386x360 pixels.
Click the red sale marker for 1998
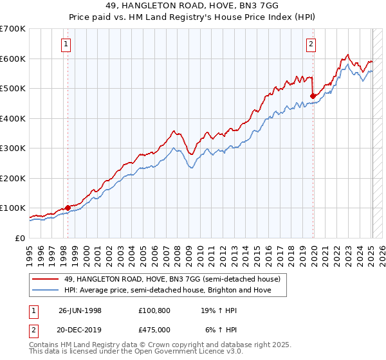68,208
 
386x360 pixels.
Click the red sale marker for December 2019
313,96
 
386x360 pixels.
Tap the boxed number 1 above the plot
67,44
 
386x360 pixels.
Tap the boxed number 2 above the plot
311,44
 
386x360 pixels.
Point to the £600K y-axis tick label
13,59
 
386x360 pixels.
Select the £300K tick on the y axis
13,148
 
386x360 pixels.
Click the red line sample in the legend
44,280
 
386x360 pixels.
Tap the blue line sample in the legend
44,291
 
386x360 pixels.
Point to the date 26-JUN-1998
80,310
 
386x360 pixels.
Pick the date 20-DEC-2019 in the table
80,329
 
